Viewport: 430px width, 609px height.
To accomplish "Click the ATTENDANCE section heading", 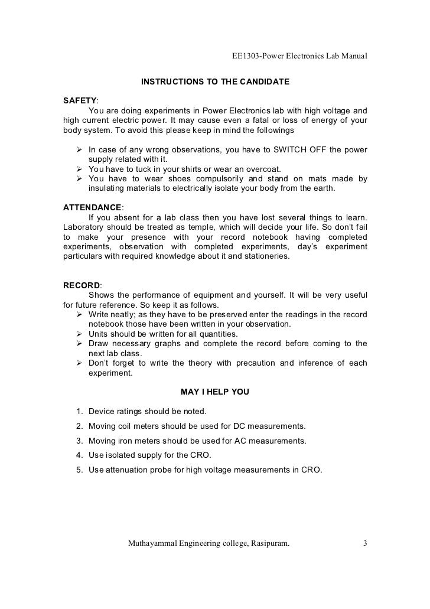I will tap(92, 207).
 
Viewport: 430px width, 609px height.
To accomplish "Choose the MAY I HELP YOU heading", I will tap(214, 392).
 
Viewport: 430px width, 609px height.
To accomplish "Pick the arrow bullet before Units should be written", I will tap(80, 334).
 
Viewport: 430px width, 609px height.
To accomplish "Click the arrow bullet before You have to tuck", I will tap(80, 169).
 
